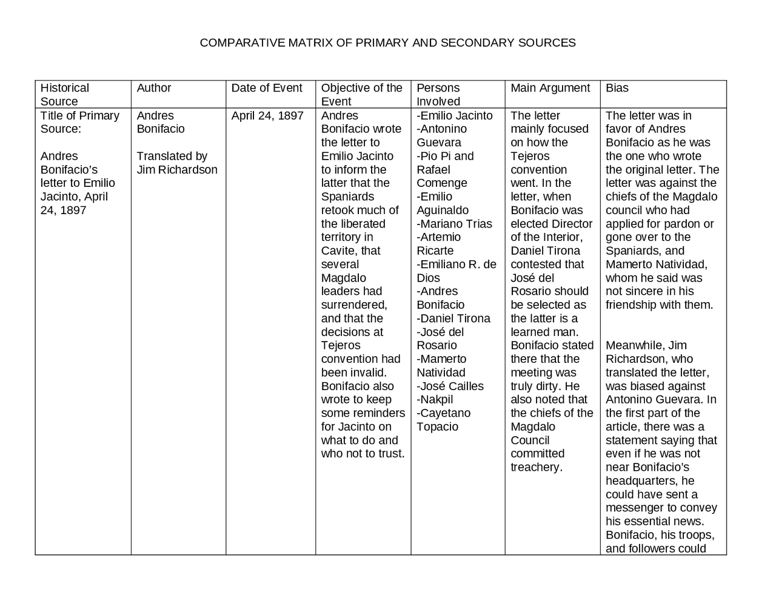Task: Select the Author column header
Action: (x=154, y=88)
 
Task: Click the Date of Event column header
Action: (x=267, y=88)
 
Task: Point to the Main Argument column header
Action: (x=550, y=88)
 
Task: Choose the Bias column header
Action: (x=617, y=88)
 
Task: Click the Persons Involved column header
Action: (x=438, y=95)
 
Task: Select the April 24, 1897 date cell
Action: (x=267, y=116)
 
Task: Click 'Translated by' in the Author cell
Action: (x=172, y=157)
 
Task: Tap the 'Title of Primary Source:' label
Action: (x=79, y=122)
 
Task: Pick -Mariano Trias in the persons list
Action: (x=454, y=224)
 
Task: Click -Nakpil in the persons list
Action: (x=435, y=400)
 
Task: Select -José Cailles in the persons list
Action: (x=450, y=386)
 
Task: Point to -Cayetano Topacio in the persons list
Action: (x=443, y=420)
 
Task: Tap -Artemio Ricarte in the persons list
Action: (x=438, y=244)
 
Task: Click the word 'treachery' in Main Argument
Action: (x=535, y=468)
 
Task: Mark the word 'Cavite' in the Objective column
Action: (x=338, y=251)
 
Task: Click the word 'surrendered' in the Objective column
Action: (x=353, y=305)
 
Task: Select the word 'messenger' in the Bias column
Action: (x=636, y=508)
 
